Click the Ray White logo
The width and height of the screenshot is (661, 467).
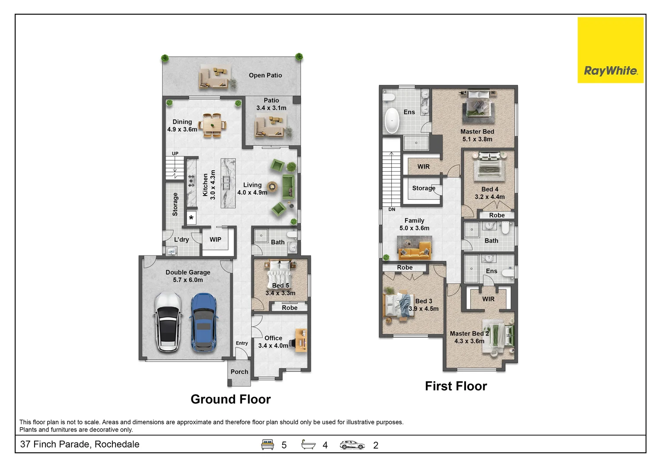(610, 50)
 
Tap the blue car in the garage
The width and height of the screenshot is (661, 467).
(203, 322)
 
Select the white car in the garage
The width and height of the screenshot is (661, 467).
(167, 322)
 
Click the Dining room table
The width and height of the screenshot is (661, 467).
(212, 126)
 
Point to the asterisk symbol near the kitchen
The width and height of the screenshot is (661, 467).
(191, 218)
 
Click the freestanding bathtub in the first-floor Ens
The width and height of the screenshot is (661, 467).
(392, 121)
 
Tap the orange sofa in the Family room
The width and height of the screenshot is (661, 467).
(414, 251)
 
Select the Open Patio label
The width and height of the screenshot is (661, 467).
(265, 75)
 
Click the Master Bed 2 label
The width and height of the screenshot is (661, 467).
(469, 333)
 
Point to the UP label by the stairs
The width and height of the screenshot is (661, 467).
(175, 154)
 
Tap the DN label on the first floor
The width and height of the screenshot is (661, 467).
(392, 209)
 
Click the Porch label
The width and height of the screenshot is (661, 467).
(239, 372)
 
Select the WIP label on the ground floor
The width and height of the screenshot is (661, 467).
(215, 240)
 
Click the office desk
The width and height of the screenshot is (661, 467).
(301, 340)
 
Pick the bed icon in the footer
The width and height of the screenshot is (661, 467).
(267, 445)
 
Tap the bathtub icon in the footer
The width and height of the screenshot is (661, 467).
(308, 445)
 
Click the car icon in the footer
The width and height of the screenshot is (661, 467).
(352, 445)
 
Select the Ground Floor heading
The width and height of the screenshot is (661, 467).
(230, 399)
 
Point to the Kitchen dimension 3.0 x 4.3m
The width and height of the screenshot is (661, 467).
(213, 185)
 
